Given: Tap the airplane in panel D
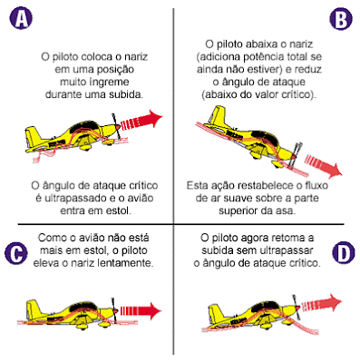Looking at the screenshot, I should click(245, 313).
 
